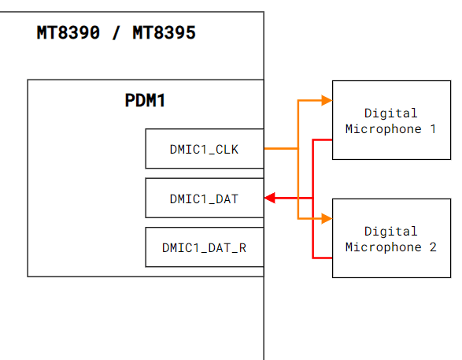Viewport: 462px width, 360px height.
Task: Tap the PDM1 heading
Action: (x=145, y=101)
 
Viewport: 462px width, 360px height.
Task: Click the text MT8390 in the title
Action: (x=68, y=32)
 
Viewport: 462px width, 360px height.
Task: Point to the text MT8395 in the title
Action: (x=164, y=32)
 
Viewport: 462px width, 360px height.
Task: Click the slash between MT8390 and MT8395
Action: (x=116, y=32)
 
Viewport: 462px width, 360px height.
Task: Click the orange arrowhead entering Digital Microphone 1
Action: (x=327, y=100)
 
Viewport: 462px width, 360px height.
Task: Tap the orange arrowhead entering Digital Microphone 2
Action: (x=327, y=218)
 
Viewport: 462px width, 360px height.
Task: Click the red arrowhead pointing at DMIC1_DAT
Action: (x=270, y=198)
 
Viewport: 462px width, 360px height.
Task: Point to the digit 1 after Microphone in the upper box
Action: (x=433, y=129)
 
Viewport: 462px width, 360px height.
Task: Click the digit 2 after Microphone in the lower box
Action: (x=433, y=247)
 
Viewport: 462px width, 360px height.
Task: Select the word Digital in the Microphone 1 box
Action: (x=390, y=113)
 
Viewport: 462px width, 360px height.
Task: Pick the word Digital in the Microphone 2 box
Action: (x=390, y=231)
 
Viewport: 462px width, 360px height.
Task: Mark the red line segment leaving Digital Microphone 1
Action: (x=323, y=139)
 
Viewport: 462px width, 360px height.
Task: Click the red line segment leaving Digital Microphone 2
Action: (x=323, y=258)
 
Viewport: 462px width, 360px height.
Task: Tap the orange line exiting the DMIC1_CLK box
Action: (x=281, y=149)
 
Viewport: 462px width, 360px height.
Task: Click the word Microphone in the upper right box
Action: (x=383, y=129)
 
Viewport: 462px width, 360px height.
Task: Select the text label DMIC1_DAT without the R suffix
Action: (x=204, y=199)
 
